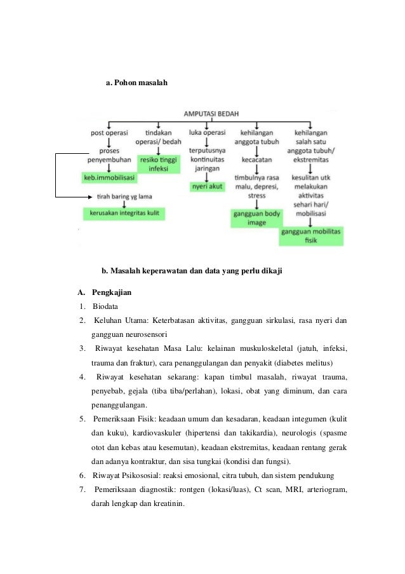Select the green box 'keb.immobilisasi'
(110, 179)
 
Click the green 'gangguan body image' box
(256, 219)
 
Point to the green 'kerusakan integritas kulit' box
(124, 213)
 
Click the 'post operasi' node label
(110, 133)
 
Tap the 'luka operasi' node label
(208, 133)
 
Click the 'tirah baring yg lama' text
(124, 197)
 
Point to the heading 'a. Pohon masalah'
(136, 83)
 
